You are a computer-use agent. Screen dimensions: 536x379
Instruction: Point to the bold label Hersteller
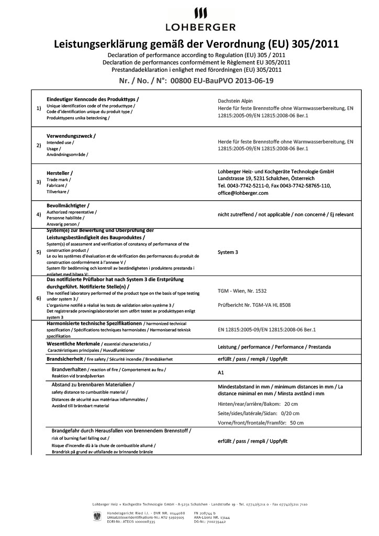(60, 173)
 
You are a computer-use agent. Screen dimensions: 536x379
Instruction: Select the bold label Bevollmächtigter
(68, 205)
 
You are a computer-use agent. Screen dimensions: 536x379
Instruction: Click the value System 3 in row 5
(228, 252)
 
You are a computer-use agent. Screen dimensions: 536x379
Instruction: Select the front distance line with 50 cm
(260, 422)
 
